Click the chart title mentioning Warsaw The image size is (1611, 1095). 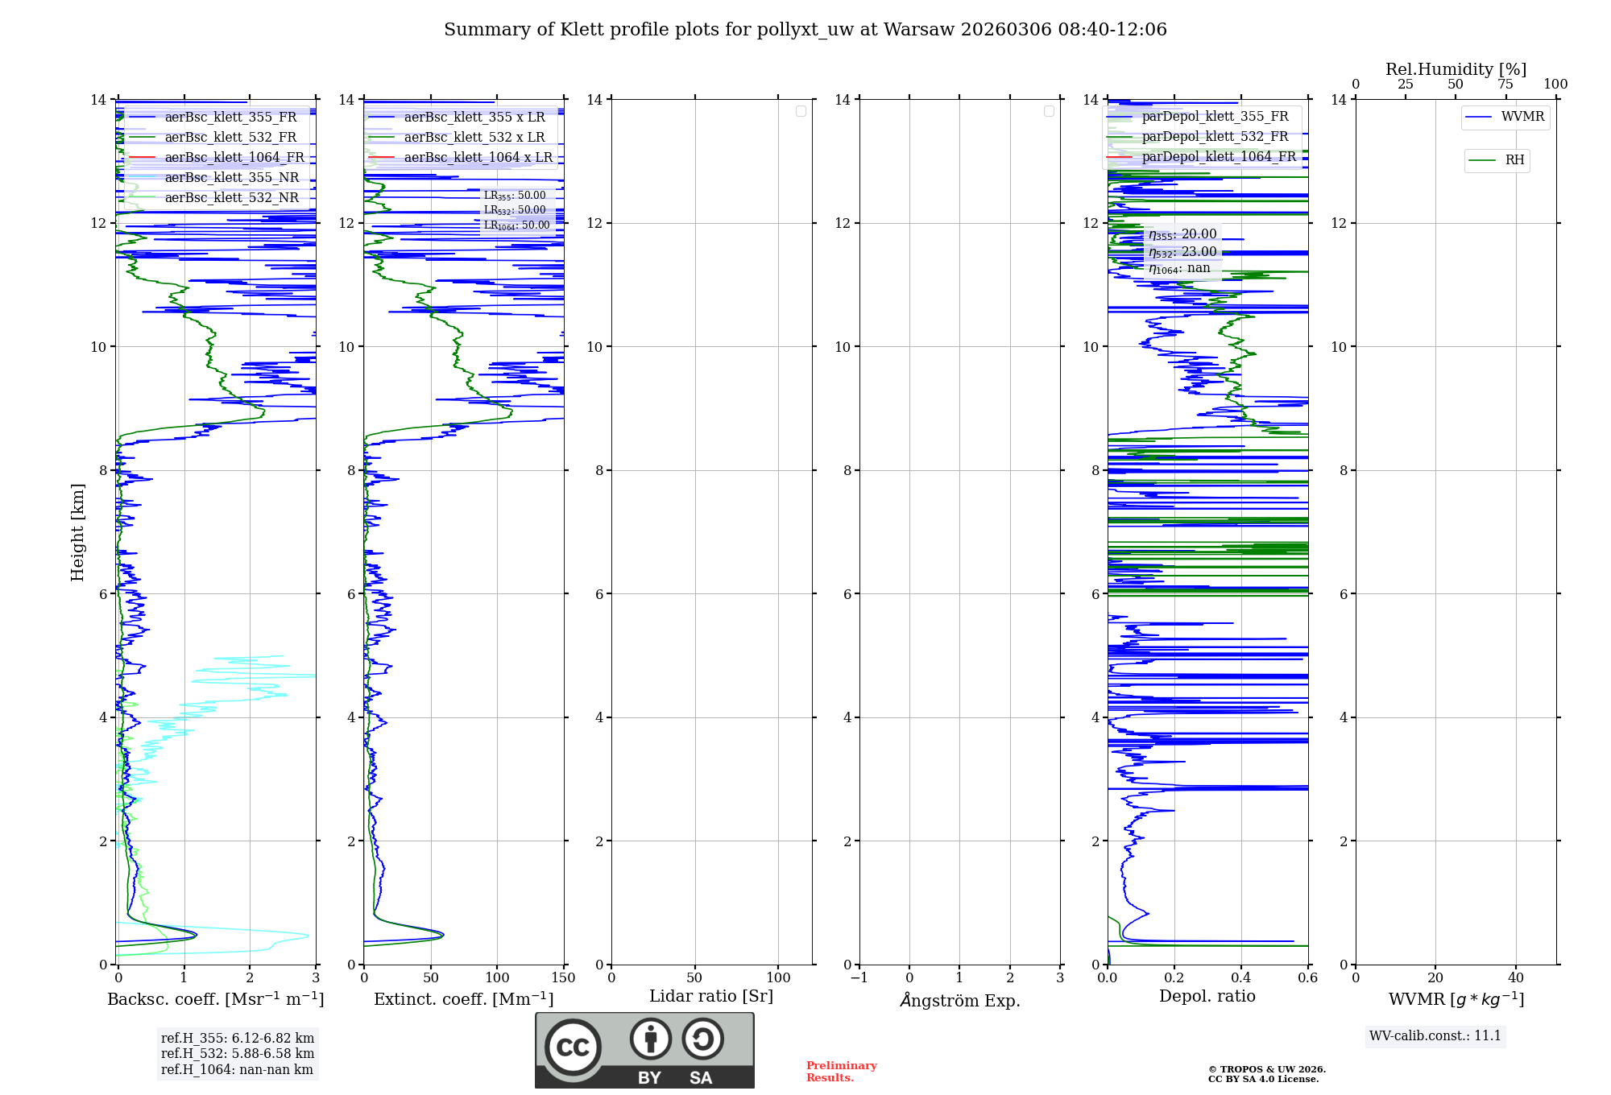805,30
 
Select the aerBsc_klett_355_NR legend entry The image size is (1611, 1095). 231,177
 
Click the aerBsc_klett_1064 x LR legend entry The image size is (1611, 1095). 478,157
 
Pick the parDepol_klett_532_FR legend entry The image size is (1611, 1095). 1215,137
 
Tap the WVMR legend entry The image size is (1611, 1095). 1522,117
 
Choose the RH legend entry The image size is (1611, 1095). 1514,160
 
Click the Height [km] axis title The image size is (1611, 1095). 77,531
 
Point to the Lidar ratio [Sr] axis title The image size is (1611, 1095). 711,997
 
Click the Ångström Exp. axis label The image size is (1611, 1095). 960,1001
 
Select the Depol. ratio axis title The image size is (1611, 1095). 1207,997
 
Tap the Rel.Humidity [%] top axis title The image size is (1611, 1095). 1456,70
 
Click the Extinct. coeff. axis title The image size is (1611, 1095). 463,1000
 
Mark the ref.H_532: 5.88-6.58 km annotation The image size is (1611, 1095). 238,1054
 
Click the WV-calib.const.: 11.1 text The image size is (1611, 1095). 1435,1036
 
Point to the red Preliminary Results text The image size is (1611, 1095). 841,1072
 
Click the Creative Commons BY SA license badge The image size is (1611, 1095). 644,1050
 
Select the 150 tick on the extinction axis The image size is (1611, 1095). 564,978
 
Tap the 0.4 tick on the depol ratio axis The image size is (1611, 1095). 1241,978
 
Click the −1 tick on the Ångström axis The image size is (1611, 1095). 859,978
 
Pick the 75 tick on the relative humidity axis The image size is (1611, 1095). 1505,85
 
